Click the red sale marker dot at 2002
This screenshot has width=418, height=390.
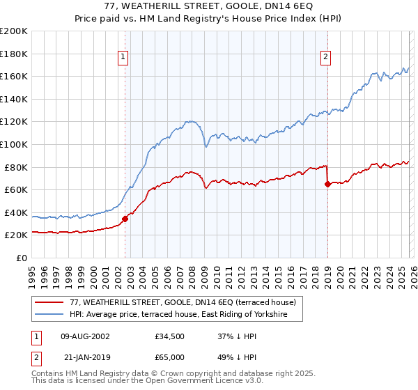[125, 219]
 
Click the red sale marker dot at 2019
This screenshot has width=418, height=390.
[327, 185]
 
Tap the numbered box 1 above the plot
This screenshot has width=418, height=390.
[123, 58]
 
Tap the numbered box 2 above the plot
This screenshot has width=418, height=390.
[325, 58]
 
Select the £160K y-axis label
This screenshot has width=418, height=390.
[14, 76]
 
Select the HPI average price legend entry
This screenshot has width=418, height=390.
[186, 315]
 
